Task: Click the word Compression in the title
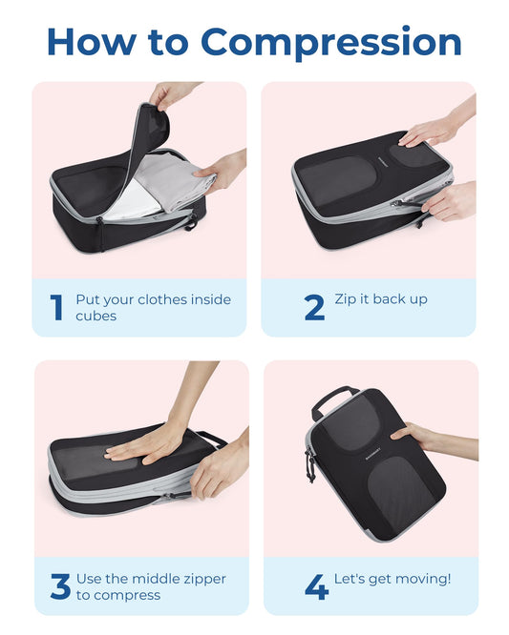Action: pos(331,42)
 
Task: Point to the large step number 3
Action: pos(60,586)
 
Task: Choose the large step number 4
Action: pos(316,586)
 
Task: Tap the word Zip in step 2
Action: pos(346,299)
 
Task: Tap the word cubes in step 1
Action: pos(96,316)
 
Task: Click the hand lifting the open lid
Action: pos(172,94)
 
